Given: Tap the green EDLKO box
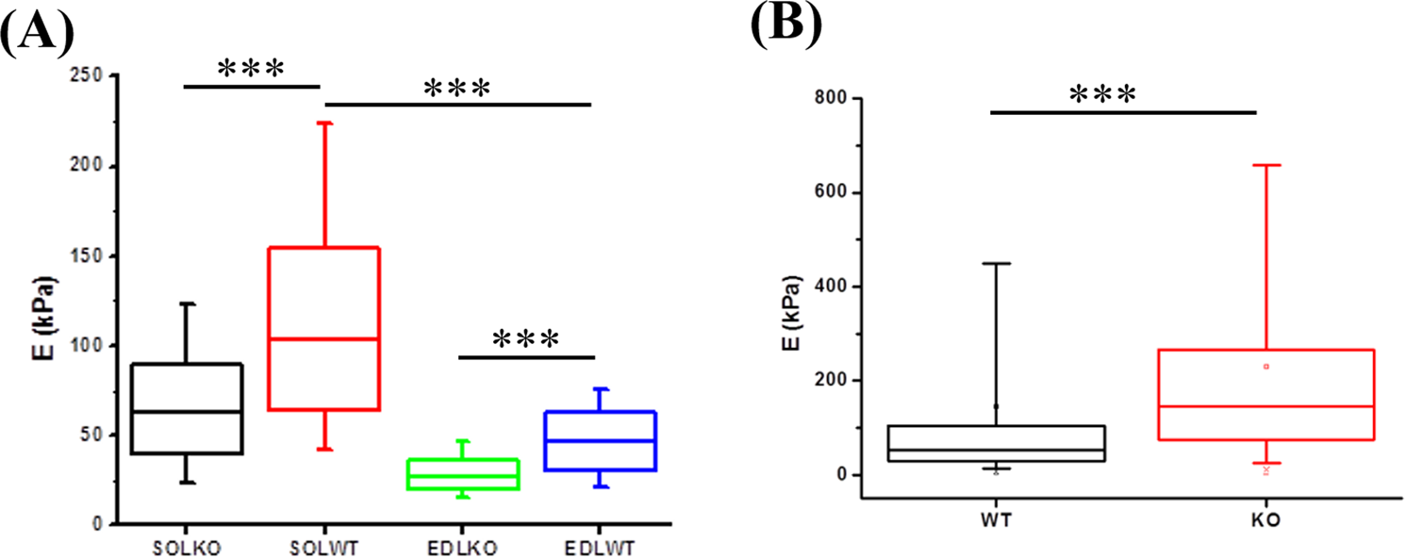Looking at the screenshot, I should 462,474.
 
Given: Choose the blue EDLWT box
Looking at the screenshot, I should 600,441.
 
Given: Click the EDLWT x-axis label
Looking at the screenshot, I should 600,548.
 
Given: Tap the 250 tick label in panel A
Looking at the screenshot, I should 91,76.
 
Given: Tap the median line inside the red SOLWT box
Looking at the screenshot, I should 324,338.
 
